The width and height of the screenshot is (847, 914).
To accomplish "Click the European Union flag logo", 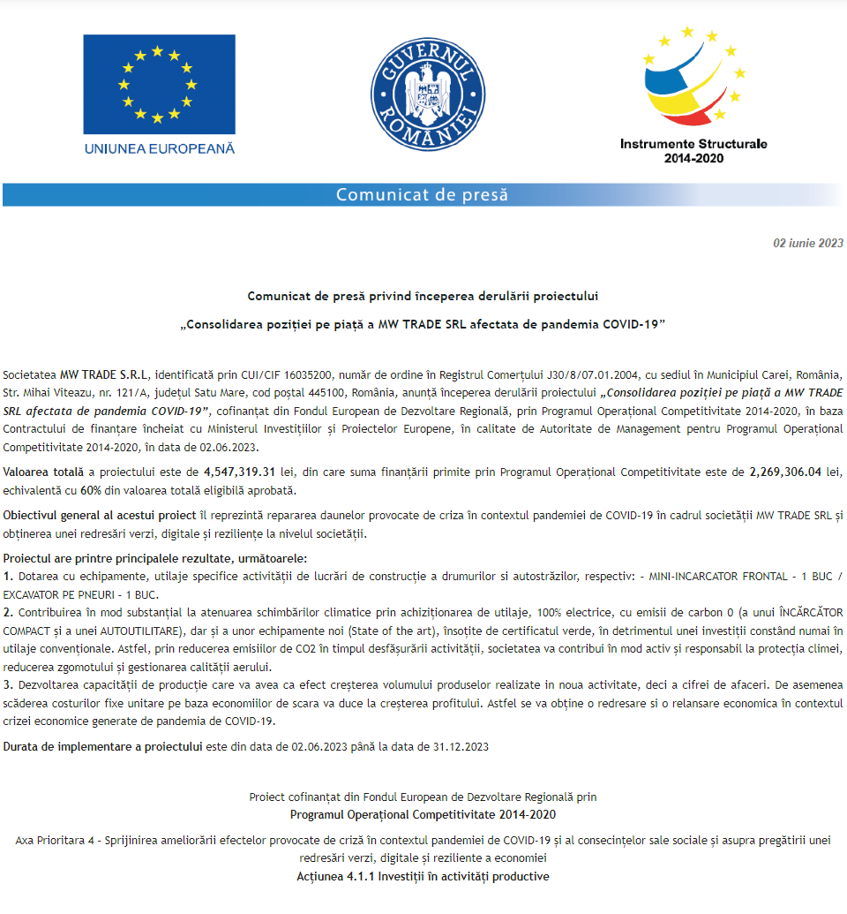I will [159, 84].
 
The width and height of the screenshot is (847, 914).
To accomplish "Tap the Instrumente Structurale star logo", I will [693, 79].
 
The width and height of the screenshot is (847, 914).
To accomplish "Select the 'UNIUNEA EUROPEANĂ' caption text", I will [160, 148].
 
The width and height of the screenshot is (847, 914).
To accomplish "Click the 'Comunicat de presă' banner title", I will [422, 194].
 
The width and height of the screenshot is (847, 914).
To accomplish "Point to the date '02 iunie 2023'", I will [808, 243].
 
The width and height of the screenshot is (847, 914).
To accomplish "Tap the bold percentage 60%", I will [91, 491].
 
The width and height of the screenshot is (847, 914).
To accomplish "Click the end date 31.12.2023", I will [461, 746].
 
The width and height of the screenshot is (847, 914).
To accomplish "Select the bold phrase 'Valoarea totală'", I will [42, 472].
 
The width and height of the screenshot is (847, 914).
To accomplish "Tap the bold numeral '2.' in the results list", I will [9, 612].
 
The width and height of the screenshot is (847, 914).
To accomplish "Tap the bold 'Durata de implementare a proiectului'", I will [102, 746].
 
